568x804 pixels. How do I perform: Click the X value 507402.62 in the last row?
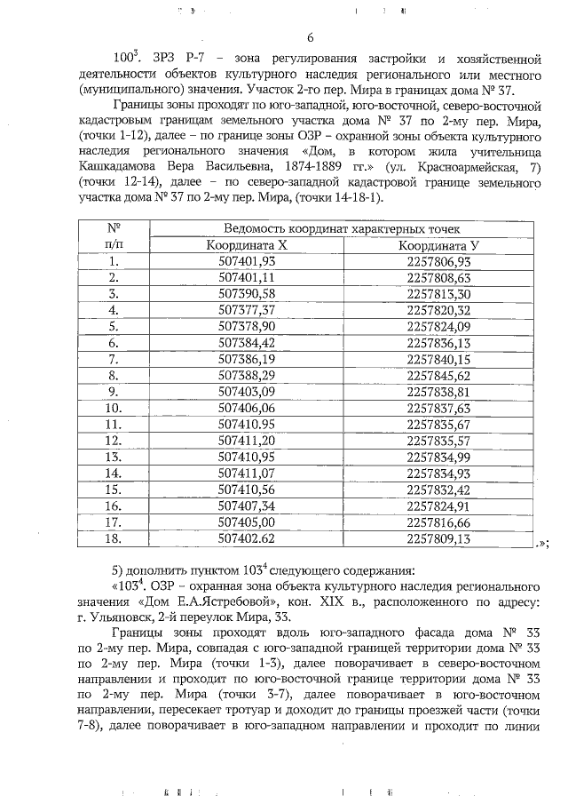point(247,537)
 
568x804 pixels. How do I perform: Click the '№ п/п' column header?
point(113,236)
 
